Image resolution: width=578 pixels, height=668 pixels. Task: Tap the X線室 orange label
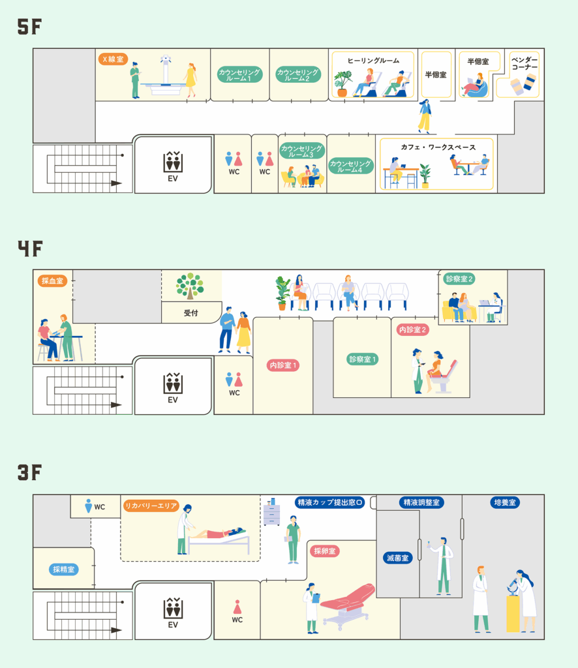coord(114,59)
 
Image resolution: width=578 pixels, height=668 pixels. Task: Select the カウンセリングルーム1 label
coord(239,74)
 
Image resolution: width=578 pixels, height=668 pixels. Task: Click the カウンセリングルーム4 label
coord(350,166)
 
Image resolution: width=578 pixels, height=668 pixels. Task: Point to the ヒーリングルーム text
coord(373,61)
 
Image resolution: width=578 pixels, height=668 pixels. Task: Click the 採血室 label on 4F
coord(52,281)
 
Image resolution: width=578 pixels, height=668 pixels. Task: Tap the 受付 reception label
coord(190,313)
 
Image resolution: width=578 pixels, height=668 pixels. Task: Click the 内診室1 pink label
coord(284,365)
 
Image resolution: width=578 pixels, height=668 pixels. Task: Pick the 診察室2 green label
coord(459,279)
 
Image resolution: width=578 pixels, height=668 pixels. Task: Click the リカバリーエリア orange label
coord(150,506)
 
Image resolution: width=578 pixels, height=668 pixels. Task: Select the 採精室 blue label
coord(64,569)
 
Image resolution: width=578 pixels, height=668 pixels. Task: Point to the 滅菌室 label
coord(397,558)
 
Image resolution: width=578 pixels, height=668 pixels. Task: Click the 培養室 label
coord(504,502)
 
